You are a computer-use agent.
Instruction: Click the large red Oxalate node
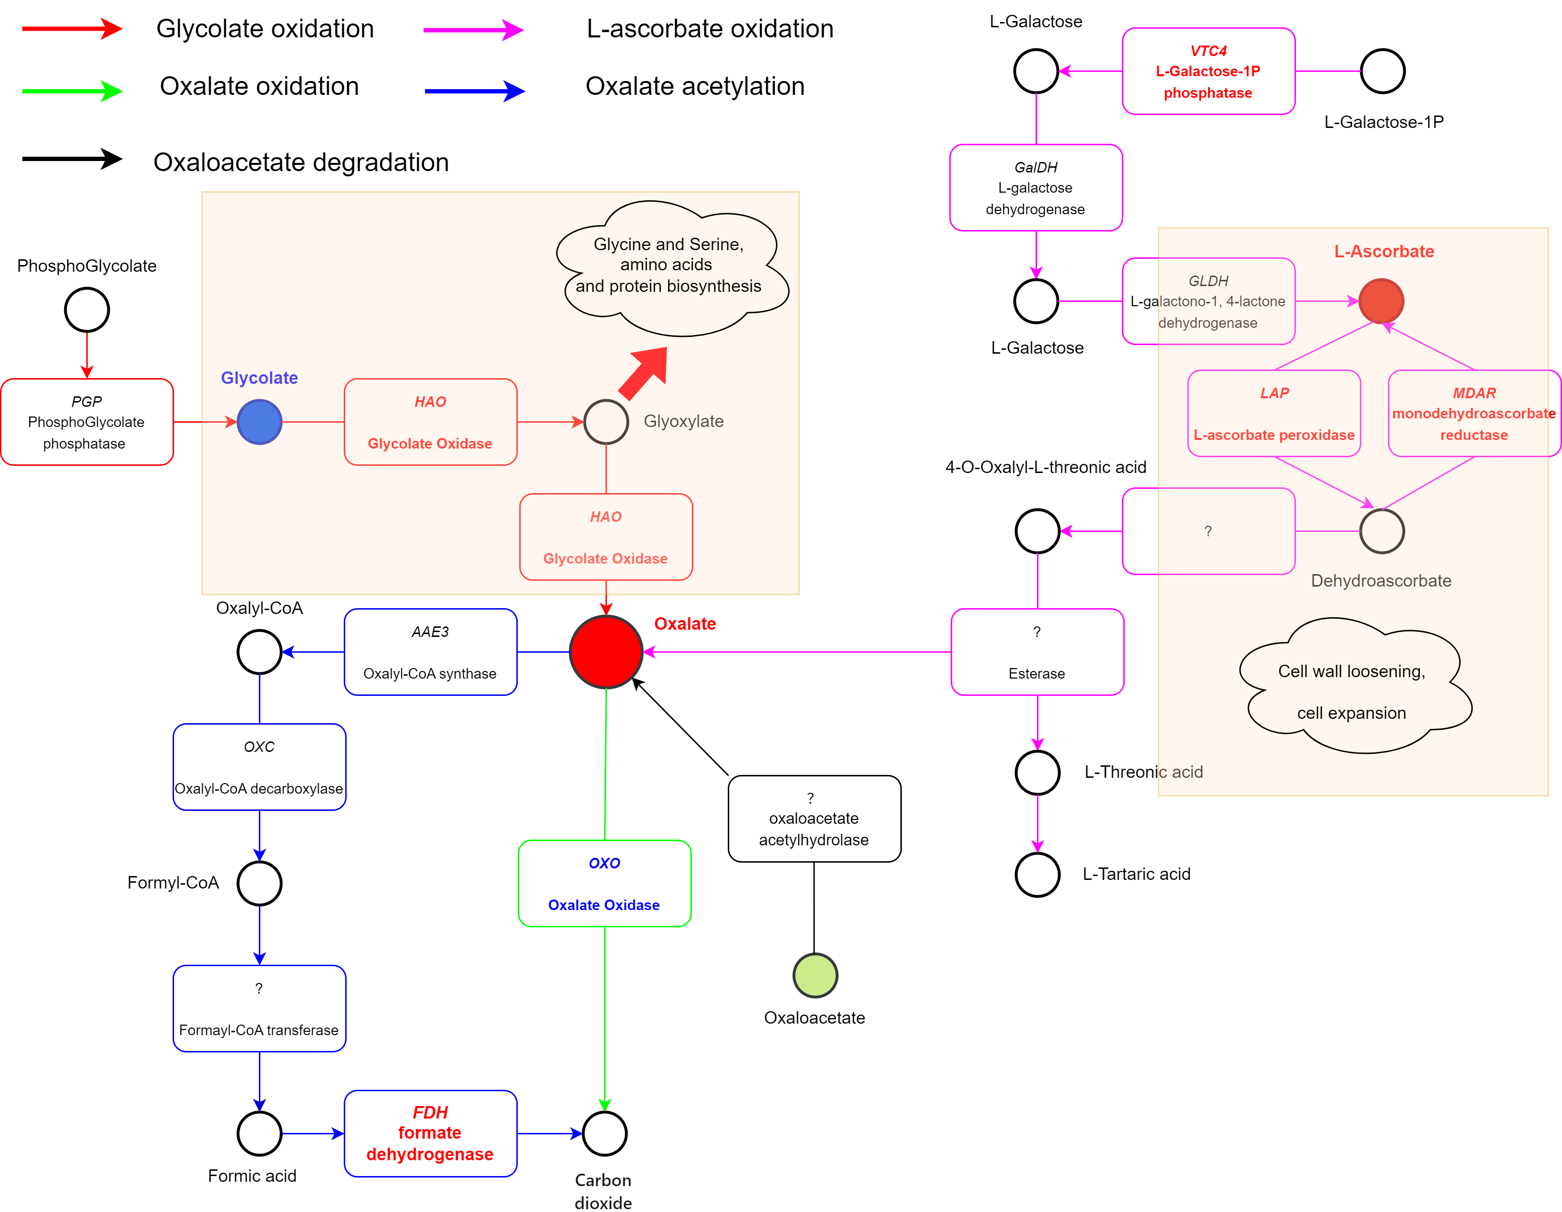pos(606,651)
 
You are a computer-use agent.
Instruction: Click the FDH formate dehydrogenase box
pos(431,1133)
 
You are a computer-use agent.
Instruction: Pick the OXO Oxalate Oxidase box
pos(605,884)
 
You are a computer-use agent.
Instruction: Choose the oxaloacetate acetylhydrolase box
pos(815,819)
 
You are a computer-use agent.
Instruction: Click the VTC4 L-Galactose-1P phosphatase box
pos(1209,71)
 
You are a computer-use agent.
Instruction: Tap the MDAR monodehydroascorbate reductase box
pos(1474,413)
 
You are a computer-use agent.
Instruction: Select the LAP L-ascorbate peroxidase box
pos(1274,413)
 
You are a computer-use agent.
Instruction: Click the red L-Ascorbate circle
pos(1381,301)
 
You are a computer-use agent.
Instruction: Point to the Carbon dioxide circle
pos(605,1133)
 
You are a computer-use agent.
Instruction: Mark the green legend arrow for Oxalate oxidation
pos(72,91)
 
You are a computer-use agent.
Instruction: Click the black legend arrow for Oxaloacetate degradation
pos(72,159)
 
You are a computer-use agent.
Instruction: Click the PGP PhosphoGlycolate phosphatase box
pos(87,422)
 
